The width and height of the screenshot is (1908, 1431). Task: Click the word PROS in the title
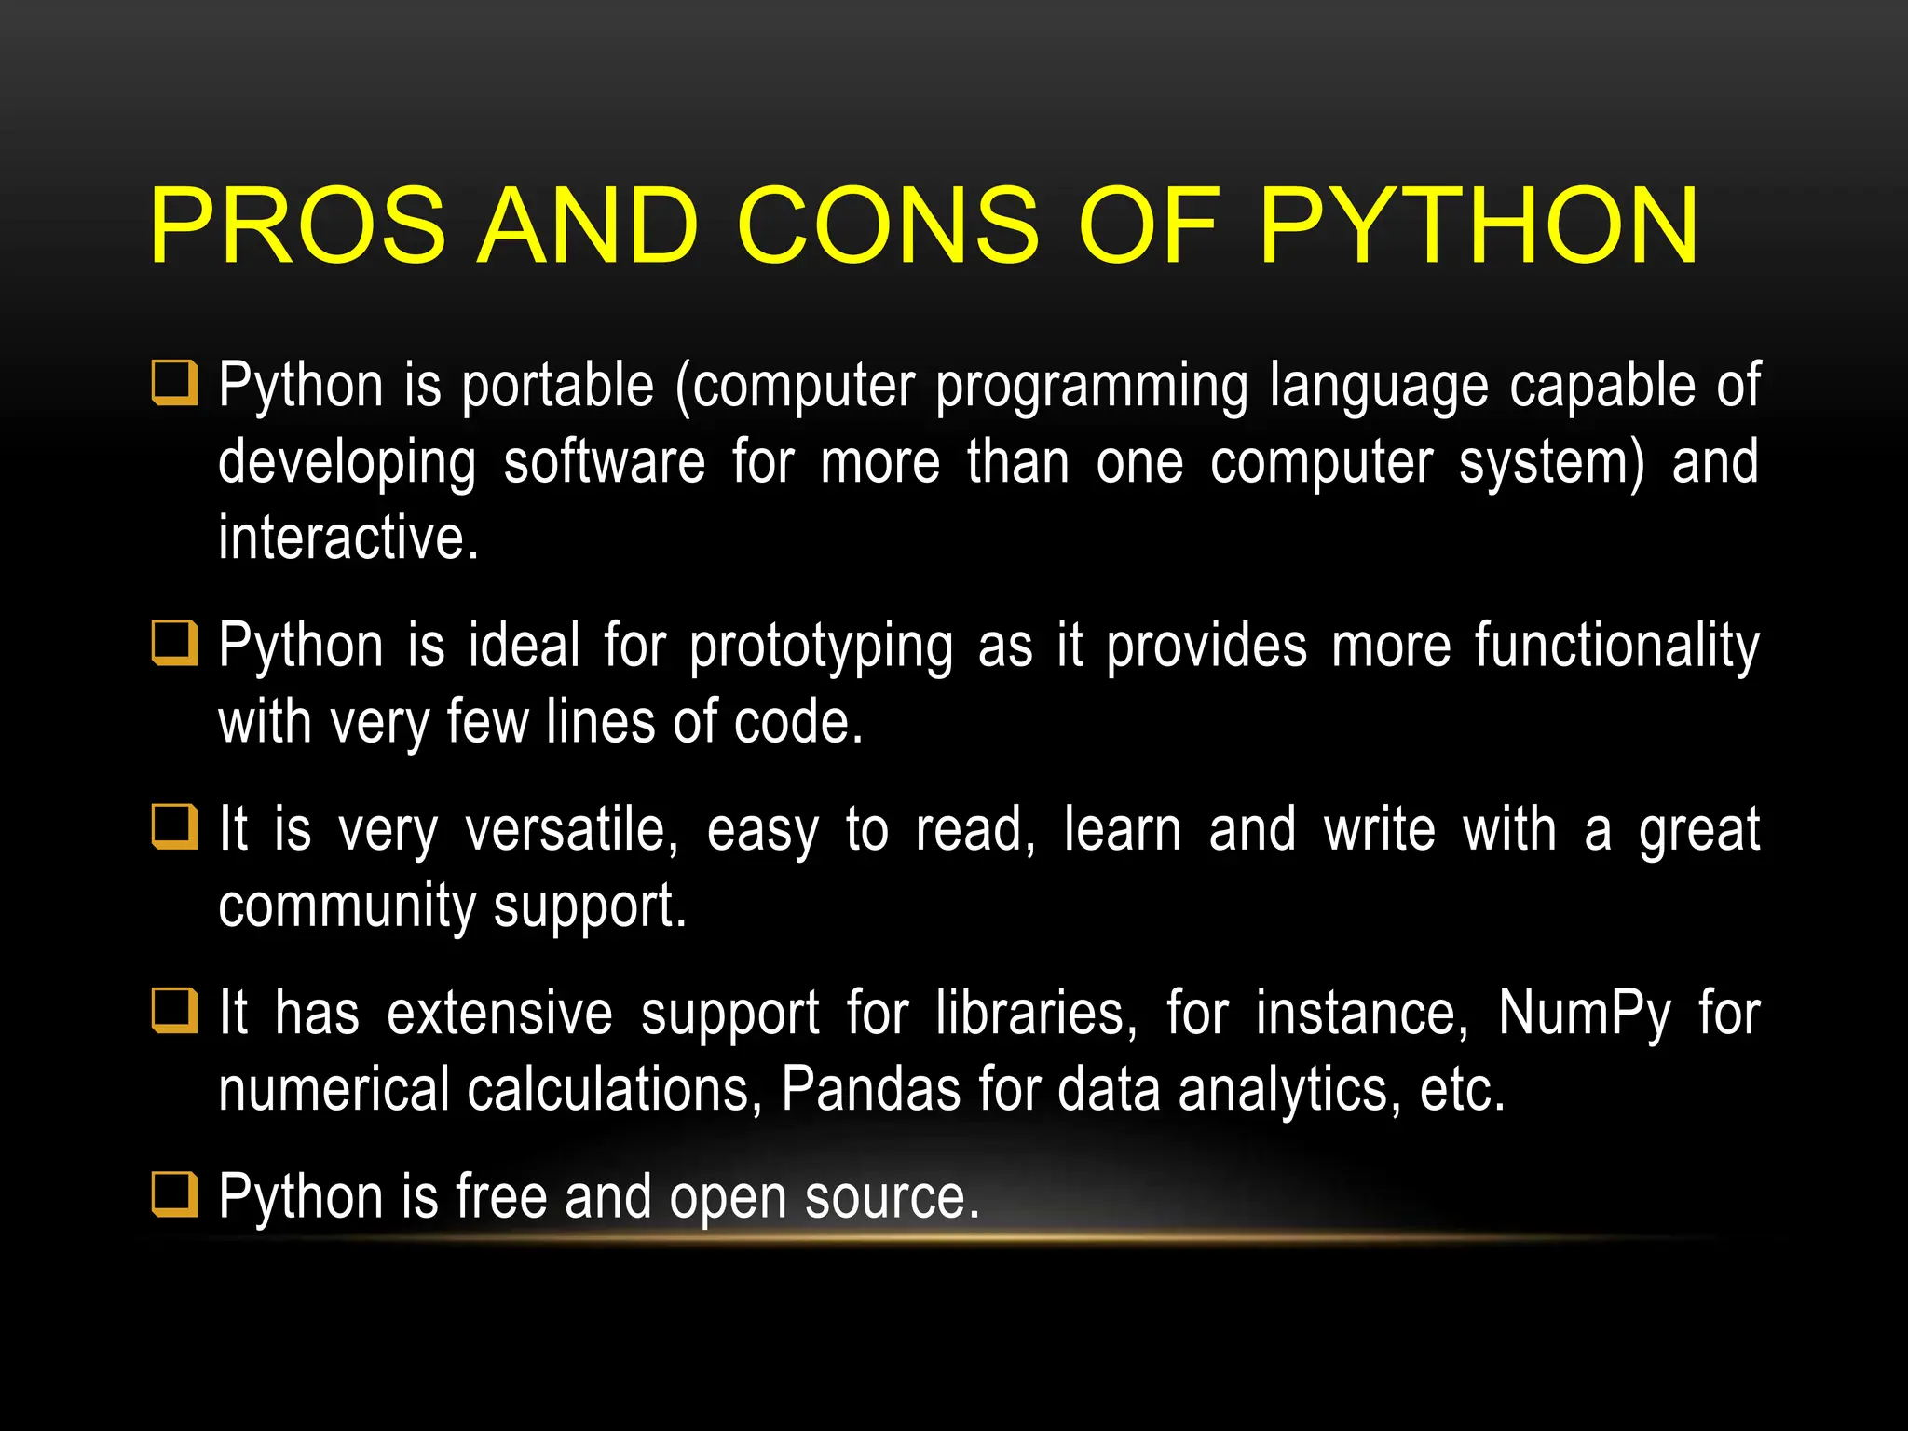tap(297, 225)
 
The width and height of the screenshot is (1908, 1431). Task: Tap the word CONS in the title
tap(888, 225)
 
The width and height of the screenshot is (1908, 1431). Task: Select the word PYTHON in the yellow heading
tap(1479, 225)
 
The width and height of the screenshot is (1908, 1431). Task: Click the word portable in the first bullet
tap(558, 386)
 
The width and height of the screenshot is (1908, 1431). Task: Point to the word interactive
tap(348, 538)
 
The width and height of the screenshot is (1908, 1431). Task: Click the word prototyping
tap(821, 646)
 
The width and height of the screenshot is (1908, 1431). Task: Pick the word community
tap(347, 906)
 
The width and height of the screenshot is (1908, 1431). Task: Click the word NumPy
tap(1585, 1013)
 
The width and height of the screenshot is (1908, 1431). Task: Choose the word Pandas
tap(870, 1089)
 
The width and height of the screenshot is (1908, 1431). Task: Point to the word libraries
tap(1036, 1013)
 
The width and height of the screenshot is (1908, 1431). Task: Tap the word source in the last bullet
tap(892, 1197)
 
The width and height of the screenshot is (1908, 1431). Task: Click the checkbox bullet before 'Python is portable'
tap(175, 383)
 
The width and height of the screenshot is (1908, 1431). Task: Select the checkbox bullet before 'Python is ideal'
tap(175, 643)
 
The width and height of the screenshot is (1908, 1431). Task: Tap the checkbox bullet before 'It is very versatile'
tap(175, 826)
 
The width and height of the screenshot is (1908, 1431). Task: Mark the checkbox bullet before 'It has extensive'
tap(175, 1010)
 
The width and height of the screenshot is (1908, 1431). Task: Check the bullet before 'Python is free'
tap(175, 1194)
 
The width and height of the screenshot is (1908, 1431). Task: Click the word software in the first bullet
tap(605, 462)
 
